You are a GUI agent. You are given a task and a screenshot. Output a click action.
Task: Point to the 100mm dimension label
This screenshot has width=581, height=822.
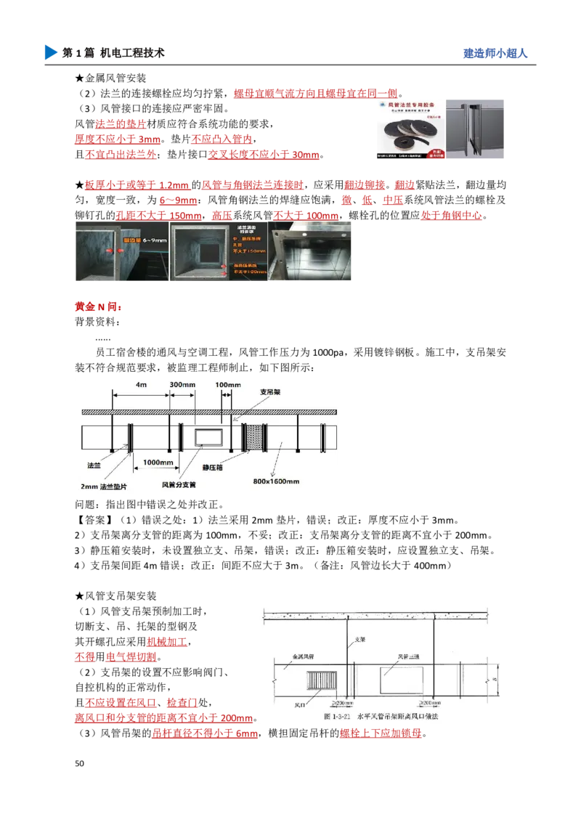point(227,384)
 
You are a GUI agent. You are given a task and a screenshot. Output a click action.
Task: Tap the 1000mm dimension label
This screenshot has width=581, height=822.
point(158,463)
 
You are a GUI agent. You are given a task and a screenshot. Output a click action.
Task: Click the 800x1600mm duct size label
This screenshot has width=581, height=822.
point(277,480)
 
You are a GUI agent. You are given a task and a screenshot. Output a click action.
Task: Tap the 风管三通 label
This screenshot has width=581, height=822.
point(409,656)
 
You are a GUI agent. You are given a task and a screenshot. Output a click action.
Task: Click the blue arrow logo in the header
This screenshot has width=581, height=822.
point(49,52)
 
